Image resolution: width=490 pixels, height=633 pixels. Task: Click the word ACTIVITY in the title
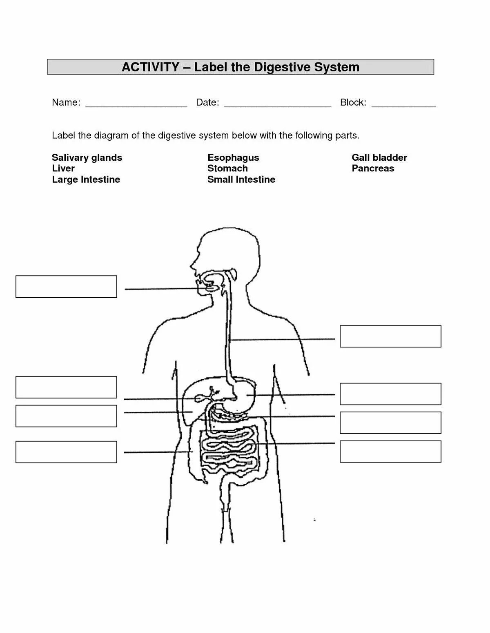click(x=150, y=67)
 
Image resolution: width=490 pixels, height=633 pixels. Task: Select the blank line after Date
click(x=277, y=105)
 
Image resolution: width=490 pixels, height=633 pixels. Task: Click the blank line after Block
click(x=403, y=105)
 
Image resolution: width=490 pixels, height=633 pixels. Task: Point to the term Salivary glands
click(x=87, y=158)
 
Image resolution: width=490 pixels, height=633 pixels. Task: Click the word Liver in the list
click(x=63, y=168)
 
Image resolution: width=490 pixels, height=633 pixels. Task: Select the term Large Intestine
click(x=86, y=179)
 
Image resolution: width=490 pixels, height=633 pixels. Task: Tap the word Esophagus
click(x=233, y=158)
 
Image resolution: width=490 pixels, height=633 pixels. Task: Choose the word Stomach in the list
click(x=227, y=168)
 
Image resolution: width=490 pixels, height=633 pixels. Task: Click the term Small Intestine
click(x=241, y=179)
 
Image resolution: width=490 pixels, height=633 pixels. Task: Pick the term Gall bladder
click(x=379, y=158)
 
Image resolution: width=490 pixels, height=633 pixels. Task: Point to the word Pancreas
click(x=373, y=168)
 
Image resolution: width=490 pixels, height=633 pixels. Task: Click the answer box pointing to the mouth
click(x=66, y=286)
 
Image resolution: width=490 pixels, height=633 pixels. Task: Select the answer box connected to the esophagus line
click(x=390, y=336)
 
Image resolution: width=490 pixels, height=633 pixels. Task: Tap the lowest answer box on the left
click(x=66, y=452)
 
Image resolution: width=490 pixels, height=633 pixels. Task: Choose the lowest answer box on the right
click(x=390, y=452)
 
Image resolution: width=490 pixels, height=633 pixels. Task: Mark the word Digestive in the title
click(x=282, y=67)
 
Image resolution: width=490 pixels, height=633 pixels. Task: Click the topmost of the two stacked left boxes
click(x=66, y=387)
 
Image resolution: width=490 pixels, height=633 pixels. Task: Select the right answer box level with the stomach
click(x=390, y=394)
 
